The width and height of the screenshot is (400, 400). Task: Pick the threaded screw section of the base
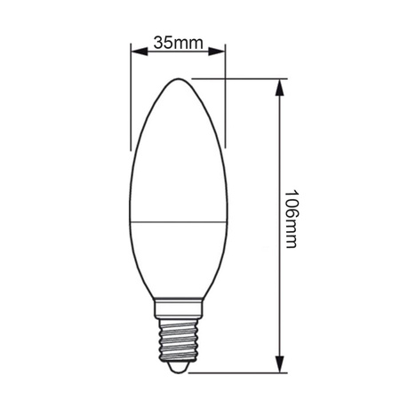click(177, 339)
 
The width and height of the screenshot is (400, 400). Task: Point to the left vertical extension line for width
click(131, 98)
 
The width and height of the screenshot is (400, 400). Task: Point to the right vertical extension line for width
click(225, 98)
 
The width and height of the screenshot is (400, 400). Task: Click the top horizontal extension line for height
click(240, 77)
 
